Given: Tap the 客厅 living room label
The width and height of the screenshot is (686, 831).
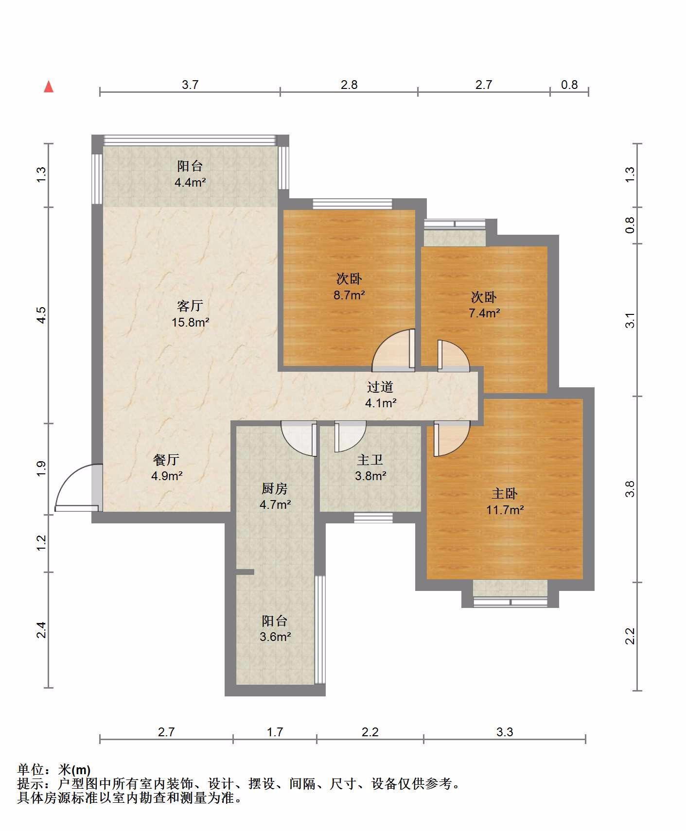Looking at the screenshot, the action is point(190,306).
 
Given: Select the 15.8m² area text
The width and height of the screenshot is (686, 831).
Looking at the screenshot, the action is point(191,322).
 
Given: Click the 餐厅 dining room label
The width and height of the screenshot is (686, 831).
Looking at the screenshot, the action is point(166,459).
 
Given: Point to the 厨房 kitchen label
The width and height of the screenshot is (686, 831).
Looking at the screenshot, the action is point(275,488).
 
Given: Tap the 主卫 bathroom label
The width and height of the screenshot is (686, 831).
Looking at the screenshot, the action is point(370,459).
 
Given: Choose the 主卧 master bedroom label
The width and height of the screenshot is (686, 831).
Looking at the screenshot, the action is point(505,494).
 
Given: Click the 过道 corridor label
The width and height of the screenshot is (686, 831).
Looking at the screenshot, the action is point(380,387).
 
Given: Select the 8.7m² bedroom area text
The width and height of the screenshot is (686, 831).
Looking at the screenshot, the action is point(349,295).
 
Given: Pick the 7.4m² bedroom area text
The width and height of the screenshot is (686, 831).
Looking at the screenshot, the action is point(484,313).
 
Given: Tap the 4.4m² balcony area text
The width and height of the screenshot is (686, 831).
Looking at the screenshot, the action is point(190,183).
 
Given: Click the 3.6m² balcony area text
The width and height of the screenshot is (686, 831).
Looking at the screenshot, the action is point(275,637).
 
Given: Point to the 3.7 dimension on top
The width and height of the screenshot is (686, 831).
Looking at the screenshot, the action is point(190,85).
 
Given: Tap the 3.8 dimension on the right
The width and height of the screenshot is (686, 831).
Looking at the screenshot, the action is point(630,489).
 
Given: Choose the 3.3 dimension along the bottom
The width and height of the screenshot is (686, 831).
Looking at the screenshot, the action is point(505,732).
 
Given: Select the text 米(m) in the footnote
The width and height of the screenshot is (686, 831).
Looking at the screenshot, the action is point(74,770).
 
